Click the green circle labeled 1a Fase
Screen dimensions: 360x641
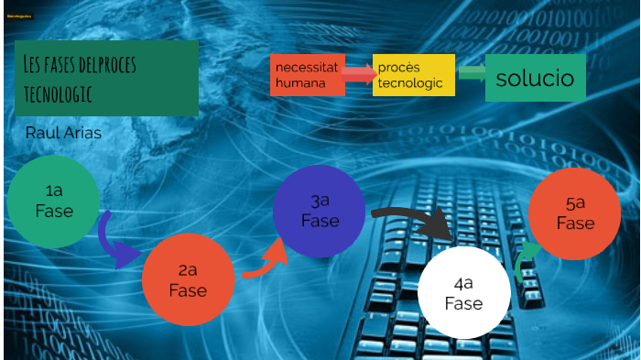point(53,202)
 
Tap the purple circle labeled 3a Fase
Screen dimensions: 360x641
point(320,212)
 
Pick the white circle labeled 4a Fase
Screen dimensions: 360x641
point(463,292)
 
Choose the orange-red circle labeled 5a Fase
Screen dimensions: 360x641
point(575,213)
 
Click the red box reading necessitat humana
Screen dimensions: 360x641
point(308,75)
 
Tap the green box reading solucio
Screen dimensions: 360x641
point(535,78)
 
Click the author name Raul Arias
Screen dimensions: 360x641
point(63,134)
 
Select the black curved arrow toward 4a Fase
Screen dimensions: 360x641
point(412,221)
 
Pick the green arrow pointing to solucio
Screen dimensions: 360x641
point(471,72)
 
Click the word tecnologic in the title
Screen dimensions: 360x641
point(61,93)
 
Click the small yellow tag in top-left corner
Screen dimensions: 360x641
point(18,18)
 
